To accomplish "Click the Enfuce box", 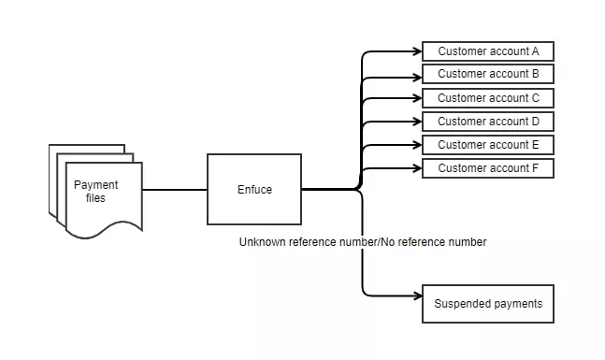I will click(254, 190).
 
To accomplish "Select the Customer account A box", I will click(488, 51).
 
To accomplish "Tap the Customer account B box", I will click(488, 75).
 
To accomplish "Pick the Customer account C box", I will click(488, 98).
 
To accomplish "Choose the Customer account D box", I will click(488, 122).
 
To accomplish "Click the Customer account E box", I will click(488, 145).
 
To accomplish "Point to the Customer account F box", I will click(488, 168).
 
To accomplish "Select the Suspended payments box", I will click(488, 304).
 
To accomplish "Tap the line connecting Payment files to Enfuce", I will click(174, 190).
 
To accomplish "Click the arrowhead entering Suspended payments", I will click(417, 296).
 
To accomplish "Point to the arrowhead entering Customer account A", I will click(417, 51).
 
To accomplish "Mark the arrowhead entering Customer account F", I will click(417, 168).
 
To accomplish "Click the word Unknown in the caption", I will click(262, 242).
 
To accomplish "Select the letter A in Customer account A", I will click(536, 51).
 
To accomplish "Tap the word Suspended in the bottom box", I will click(463, 304).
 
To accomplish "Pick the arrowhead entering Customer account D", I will click(417, 122).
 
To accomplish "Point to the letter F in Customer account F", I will click(536, 168).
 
